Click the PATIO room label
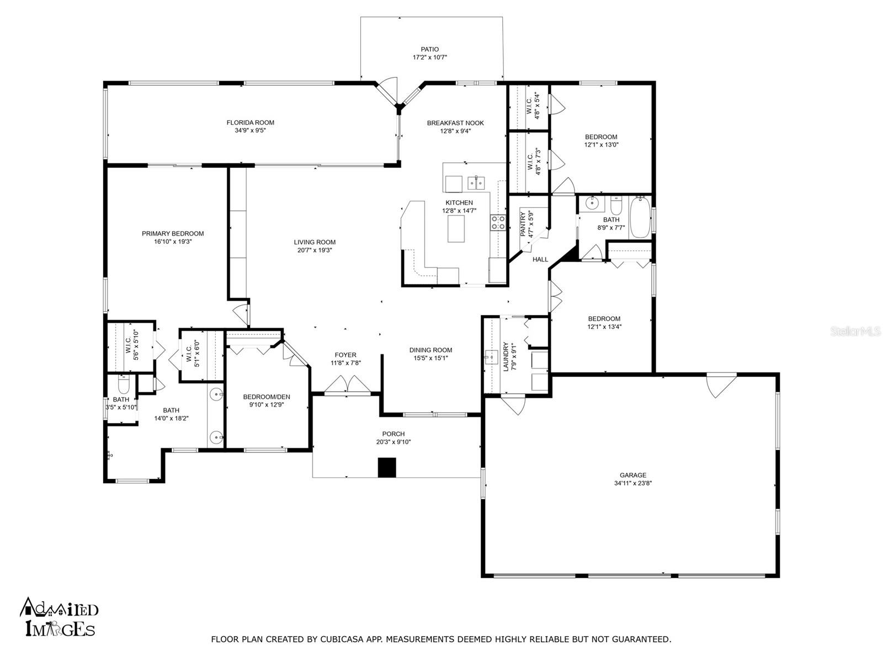pos(429,50)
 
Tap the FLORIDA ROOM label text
pos(250,122)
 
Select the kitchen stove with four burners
pos(498,223)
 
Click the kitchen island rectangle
pos(456,229)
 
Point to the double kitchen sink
pos(477,183)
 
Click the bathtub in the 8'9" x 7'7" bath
pos(640,217)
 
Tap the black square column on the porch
pos(387,467)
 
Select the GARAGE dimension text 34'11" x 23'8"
pos(633,483)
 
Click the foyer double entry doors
pos(347,384)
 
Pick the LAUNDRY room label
pos(506,356)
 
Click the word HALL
pos(540,260)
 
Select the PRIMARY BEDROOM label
pos(173,233)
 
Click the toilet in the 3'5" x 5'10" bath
pos(124,385)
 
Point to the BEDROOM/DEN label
pos(267,397)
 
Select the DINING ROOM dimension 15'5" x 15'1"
pos(431,358)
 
